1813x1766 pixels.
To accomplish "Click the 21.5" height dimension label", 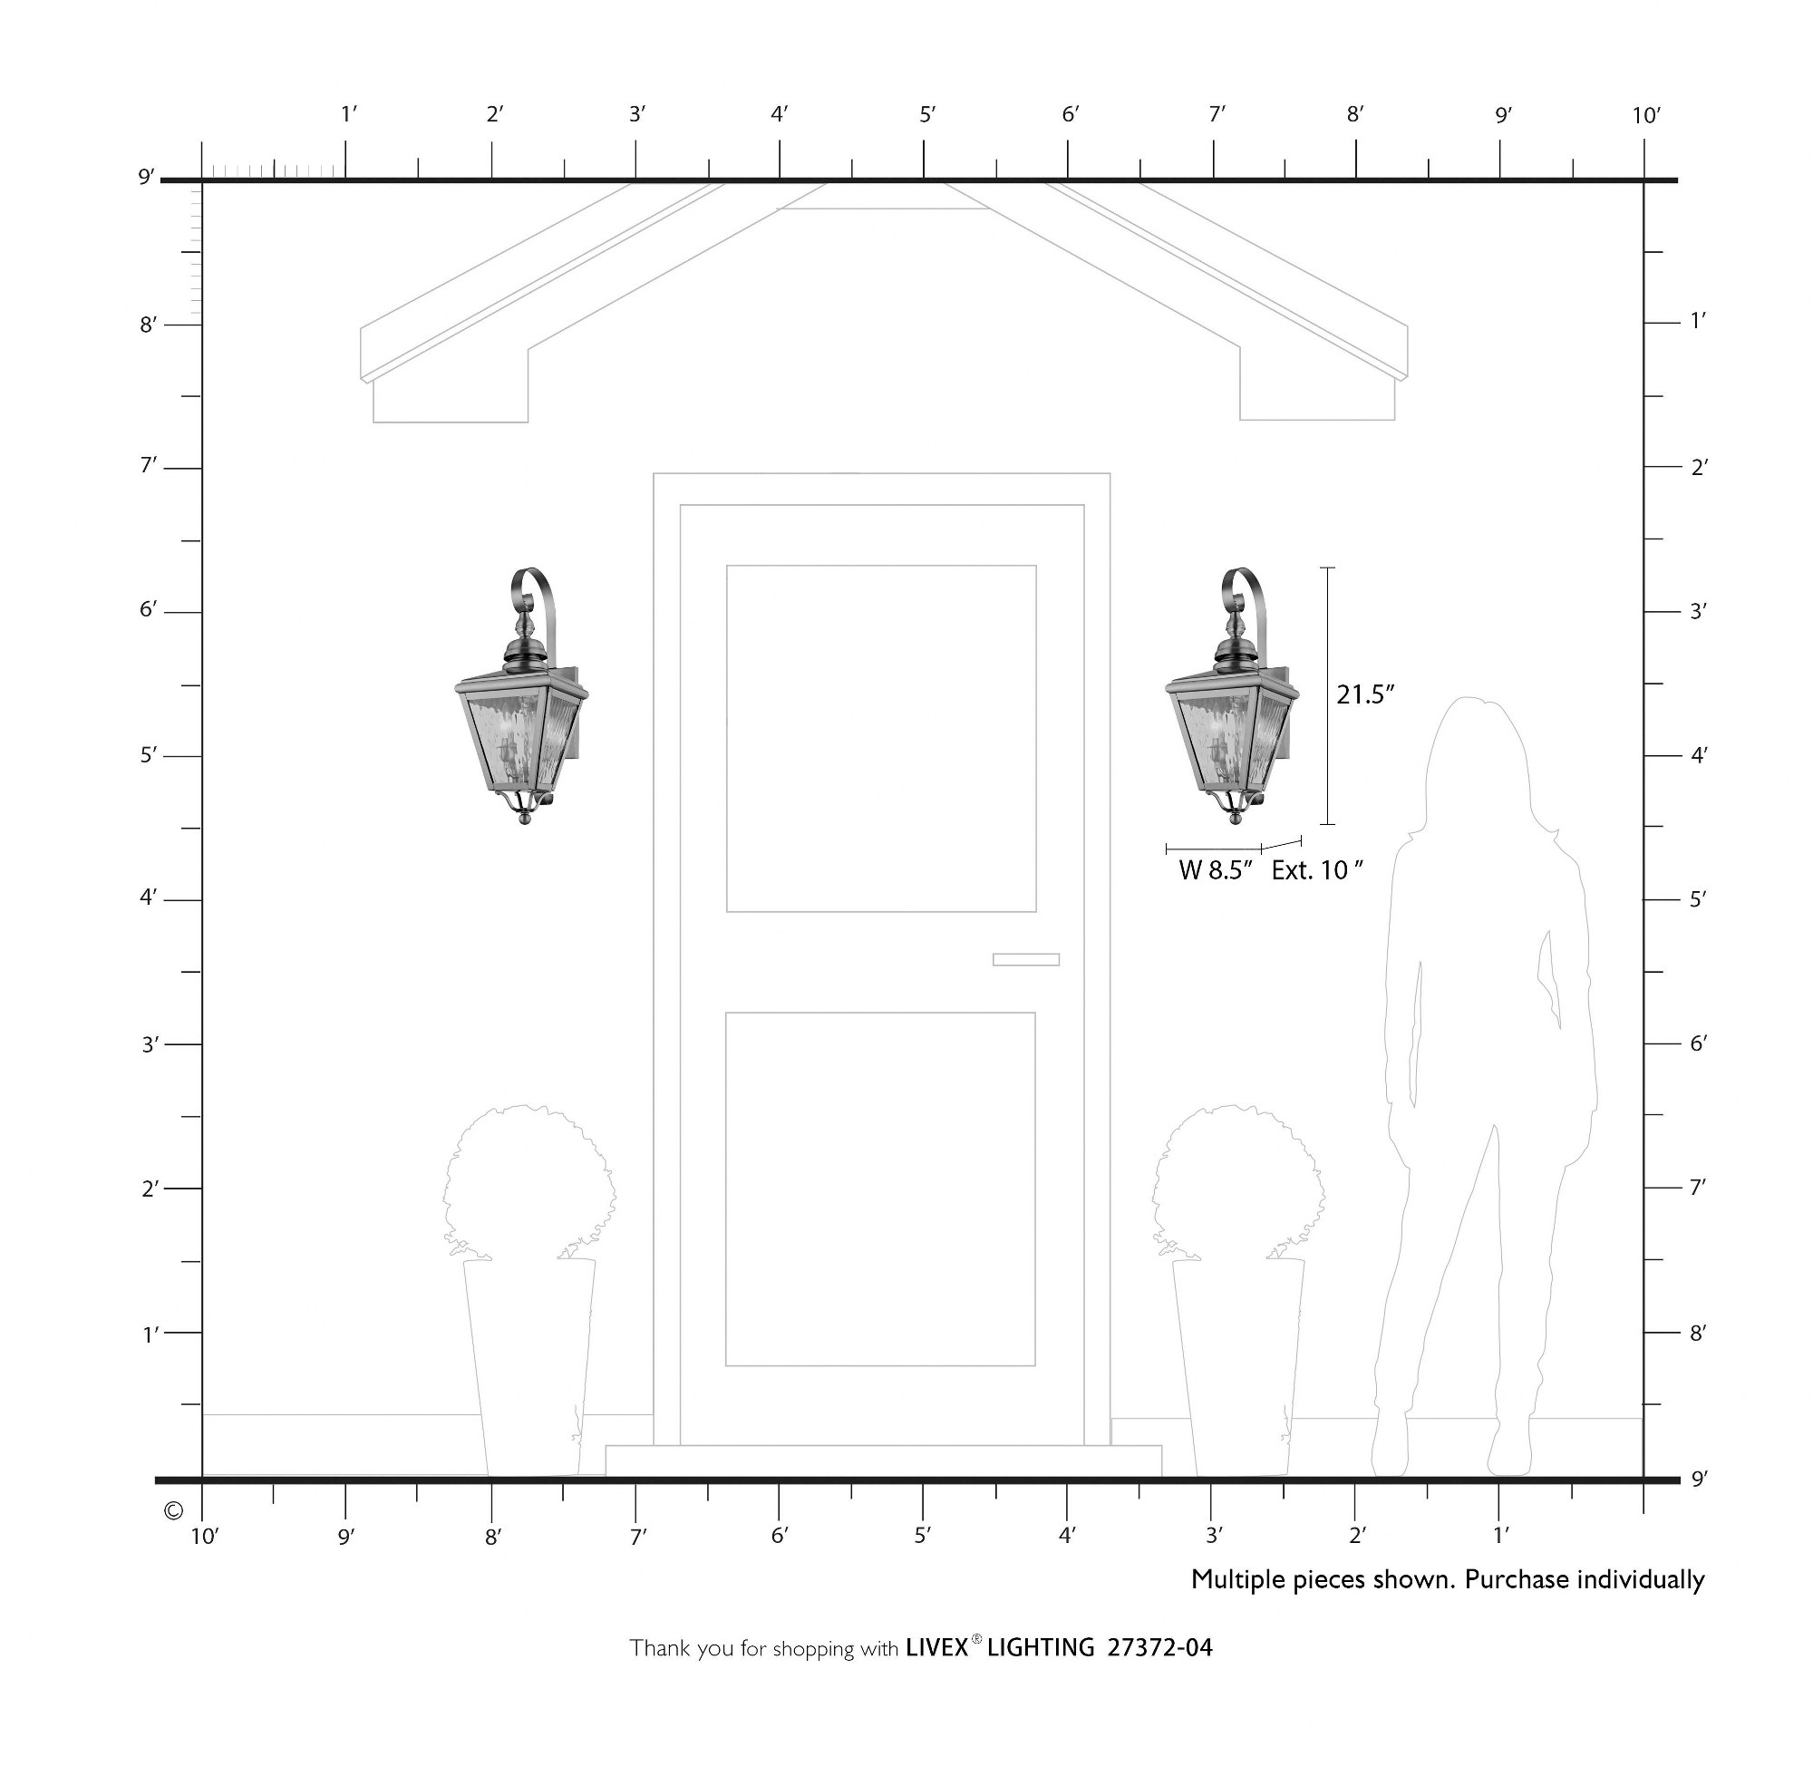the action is pos(1365,694).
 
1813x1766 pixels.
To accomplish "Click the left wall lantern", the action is pos(522,695).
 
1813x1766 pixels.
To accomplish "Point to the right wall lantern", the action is pos(1233,695).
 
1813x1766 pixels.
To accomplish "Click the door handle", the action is pos(1025,959).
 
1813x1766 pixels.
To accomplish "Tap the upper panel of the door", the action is pos(881,738).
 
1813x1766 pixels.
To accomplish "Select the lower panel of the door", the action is pos(880,1189).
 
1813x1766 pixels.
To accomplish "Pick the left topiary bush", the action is pos(528,1181).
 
